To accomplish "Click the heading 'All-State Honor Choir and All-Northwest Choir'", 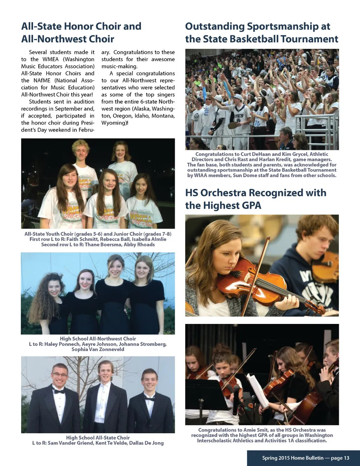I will click(x=81, y=32).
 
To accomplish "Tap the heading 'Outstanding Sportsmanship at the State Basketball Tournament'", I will click(x=262, y=32).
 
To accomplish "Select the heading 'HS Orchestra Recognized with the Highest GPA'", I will click(x=256, y=199).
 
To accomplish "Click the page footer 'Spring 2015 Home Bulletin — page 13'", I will click(x=306, y=458).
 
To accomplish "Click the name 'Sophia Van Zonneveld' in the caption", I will click(x=98, y=349).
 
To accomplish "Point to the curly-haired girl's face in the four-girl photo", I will click(x=54, y=288).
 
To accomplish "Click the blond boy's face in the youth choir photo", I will click(x=82, y=152).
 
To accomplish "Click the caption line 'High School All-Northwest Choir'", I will click(x=98, y=339).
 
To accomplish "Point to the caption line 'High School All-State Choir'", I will click(x=98, y=438).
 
